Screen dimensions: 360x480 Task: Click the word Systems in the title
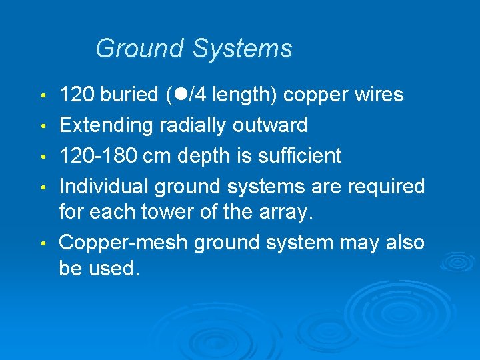(x=243, y=49)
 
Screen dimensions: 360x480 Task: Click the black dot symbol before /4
(x=181, y=95)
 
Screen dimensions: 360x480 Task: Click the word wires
(x=377, y=95)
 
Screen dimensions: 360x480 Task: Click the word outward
(x=272, y=125)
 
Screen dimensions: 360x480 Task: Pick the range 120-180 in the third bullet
(x=101, y=156)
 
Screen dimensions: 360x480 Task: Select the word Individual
(x=104, y=187)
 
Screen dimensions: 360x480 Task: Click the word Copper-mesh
(x=124, y=243)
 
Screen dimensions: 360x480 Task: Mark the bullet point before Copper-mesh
(x=43, y=243)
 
